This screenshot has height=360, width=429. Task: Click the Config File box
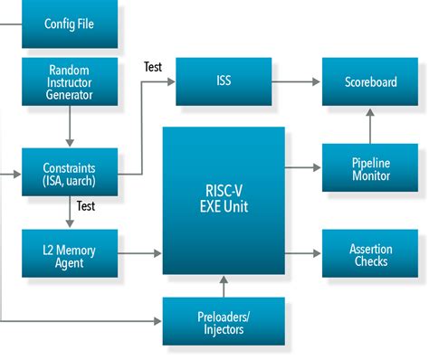click(70, 24)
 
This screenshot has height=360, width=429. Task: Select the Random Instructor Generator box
click(70, 81)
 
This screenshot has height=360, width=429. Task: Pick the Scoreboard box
click(370, 81)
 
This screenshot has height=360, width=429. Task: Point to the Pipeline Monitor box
click(370, 168)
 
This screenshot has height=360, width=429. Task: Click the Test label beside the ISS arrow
click(155, 67)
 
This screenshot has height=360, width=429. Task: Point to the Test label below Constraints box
click(85, 206)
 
